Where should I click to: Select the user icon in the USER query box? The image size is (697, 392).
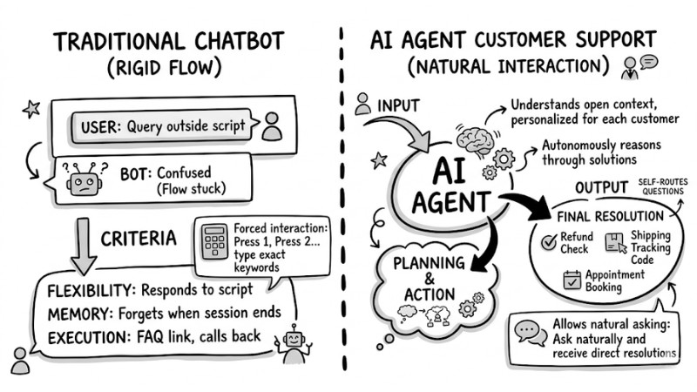click(272, 125)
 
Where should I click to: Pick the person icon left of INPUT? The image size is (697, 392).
click(363, 105)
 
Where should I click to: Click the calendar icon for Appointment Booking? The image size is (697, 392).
click(572, 280)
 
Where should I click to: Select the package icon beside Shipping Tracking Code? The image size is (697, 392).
click(615, 242)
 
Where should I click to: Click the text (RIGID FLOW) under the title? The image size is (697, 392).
click(155, 67)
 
